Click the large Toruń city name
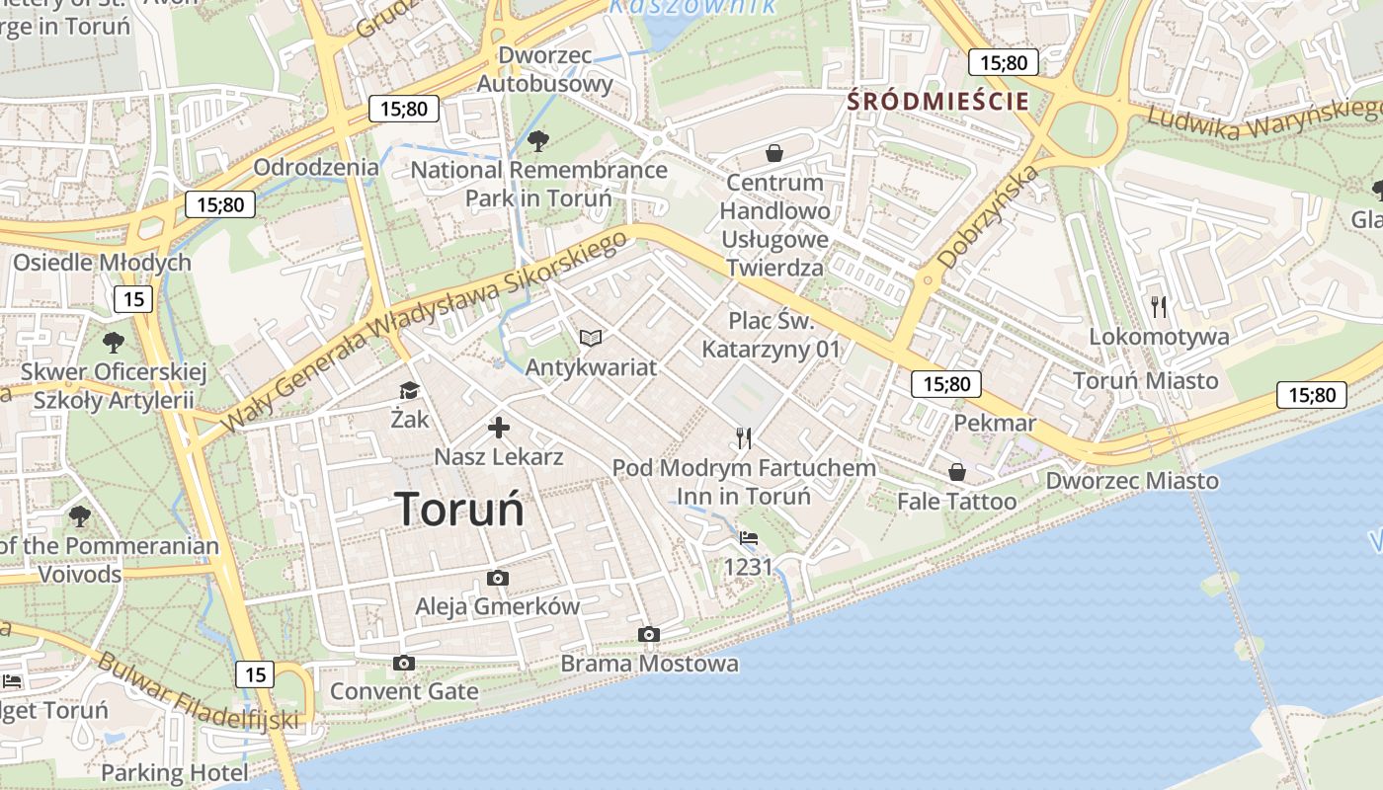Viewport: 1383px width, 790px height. click(460, 510)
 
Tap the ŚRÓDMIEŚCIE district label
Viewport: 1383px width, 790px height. click(937, 101)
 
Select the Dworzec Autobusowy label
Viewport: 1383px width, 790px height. click(545, 69)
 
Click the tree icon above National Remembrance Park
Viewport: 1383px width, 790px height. click(538, 141)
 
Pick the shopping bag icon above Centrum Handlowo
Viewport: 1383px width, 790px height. click(774, 153)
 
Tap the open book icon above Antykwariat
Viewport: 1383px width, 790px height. click(591, 339)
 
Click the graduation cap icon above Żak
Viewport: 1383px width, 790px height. click(409, 391)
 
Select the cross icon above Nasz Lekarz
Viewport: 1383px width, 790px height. click(499, 428)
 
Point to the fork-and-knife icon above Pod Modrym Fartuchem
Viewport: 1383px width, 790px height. click(744, 438)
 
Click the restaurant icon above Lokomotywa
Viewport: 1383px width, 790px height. click(1159, 307)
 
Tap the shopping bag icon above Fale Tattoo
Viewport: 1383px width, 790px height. click(956, 473)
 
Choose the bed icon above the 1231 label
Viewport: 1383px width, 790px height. click(749, 538)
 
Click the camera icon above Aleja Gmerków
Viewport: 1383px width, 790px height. click(498, 578)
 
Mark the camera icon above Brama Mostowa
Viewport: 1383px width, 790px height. click(648, 634)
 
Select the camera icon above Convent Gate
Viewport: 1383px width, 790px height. click(403, 663)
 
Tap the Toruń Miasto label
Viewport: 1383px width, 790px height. click(1146, 380)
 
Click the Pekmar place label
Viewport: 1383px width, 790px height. click(995, 423)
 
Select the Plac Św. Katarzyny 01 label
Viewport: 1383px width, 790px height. click(771, 335)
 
